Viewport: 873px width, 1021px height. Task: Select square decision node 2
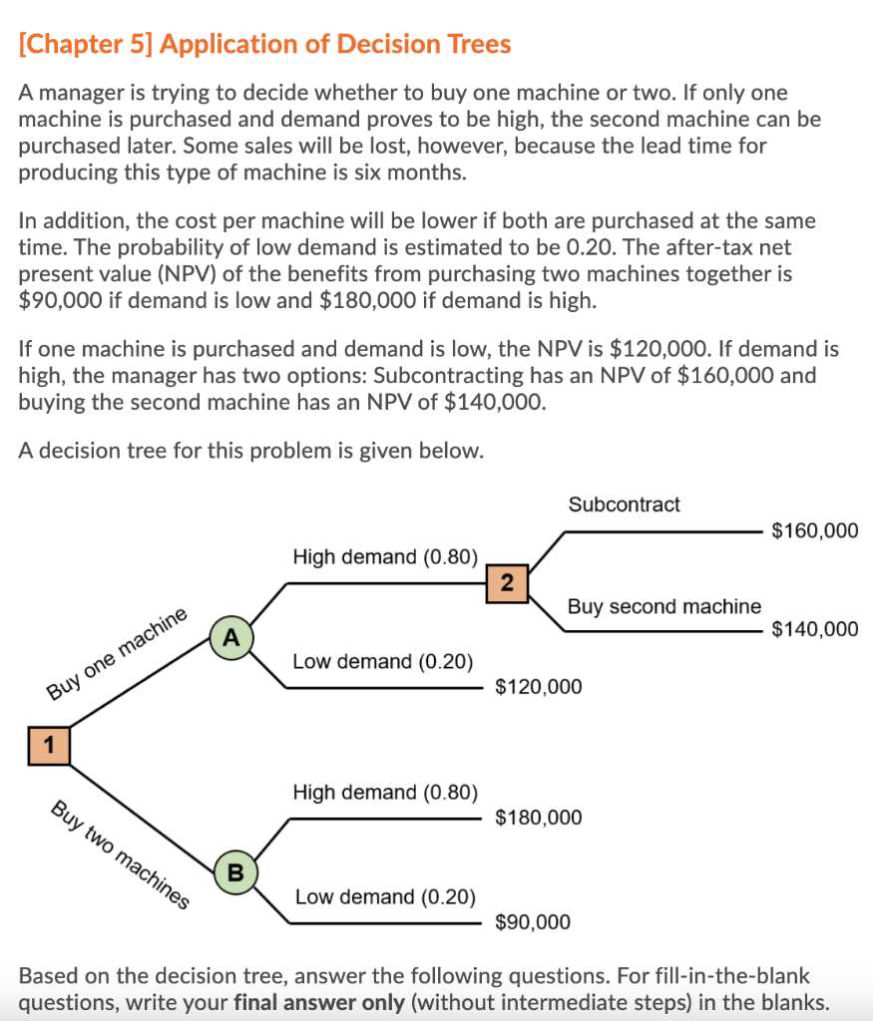507,583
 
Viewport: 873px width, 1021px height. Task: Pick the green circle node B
235,871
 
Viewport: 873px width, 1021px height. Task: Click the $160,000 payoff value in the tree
814,530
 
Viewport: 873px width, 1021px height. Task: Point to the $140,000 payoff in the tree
814,628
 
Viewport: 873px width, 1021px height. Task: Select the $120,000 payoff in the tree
538,687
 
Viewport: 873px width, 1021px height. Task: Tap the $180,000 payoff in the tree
538,818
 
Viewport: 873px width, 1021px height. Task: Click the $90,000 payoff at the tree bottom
533,922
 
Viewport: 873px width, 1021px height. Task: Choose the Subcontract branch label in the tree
624,505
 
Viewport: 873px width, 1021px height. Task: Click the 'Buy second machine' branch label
663,606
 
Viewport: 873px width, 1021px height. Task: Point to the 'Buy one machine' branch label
117,653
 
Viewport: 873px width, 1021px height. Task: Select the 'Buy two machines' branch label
120,854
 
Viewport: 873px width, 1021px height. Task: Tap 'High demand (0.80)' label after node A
385,556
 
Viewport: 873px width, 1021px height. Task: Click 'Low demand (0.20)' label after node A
383,661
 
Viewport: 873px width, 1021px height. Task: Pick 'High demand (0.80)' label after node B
385,792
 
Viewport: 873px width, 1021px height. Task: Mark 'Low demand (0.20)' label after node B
385,896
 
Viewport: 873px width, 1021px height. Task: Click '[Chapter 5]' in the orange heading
86,44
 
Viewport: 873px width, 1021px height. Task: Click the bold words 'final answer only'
319,1002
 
